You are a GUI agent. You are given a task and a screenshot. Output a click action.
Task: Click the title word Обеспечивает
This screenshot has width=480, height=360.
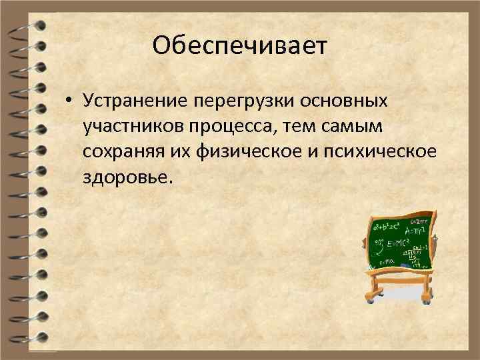pyautogui.click(x=240, y=46)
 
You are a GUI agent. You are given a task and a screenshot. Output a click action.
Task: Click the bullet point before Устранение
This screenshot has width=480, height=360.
pyautogui.click(x=69, y=101)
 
